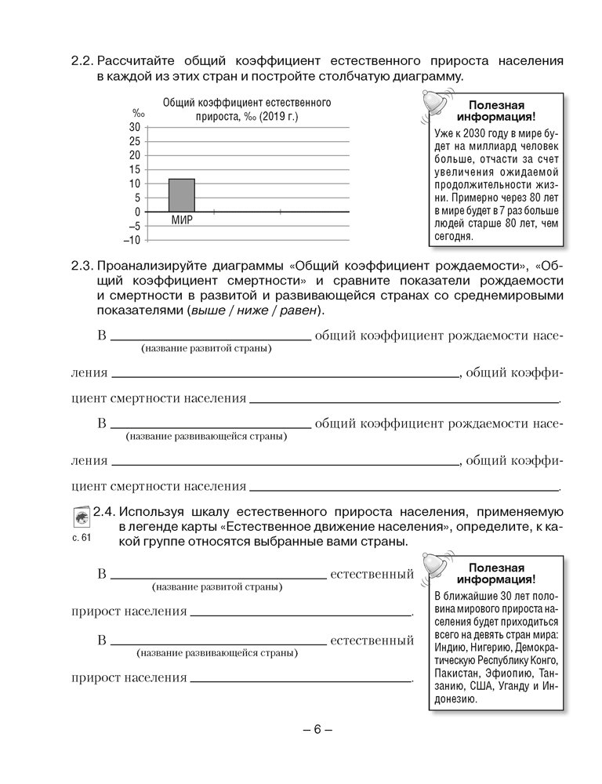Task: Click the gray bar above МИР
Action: (182, 195)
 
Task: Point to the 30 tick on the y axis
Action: (134, 127)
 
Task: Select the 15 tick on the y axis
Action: (134, 169)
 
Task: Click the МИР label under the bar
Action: (182, 220)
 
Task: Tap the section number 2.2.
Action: (82, 60)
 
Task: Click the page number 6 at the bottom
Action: (317, 729)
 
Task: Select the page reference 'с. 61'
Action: (81, 538)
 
